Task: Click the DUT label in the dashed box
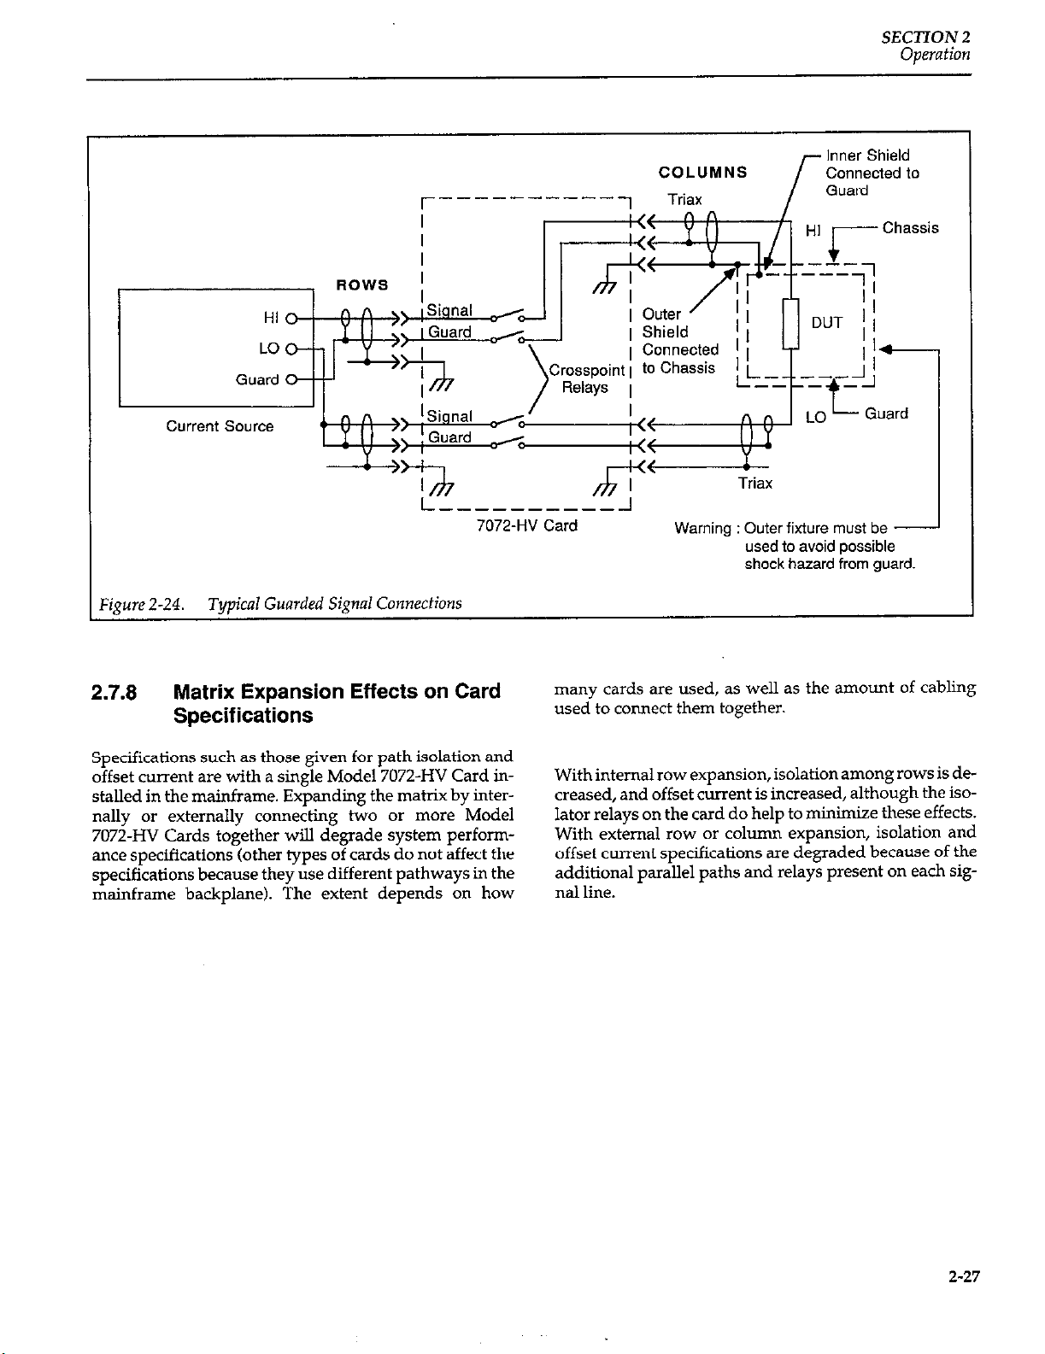click(826, 323)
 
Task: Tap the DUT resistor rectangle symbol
click(790, 324)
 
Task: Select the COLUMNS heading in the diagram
click(703, 173)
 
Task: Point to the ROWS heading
click(362, 284)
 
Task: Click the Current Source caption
click(220, 426)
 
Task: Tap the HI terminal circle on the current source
click(291, 319)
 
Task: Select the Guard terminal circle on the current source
click(291, 379)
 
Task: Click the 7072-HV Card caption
click(526, 526)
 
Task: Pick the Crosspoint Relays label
click(586, 378)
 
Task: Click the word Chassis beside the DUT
click(910, 228)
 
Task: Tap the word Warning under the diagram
click(703, 529)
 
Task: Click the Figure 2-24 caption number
click(142, 604)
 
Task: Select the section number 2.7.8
click(114, 692)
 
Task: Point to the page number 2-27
click(964, 1277)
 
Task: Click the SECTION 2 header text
click(925, 38)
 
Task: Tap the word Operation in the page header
click(935, 55)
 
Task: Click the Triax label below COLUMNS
click(684, 199)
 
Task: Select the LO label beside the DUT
click(816, 418)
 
